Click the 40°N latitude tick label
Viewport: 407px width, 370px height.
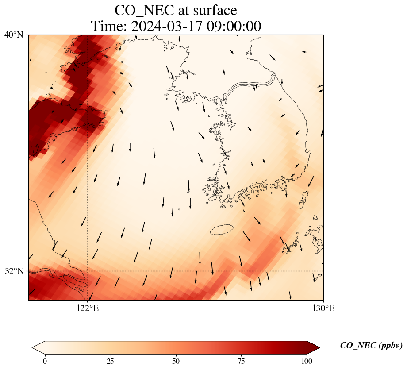(x=14, y=35)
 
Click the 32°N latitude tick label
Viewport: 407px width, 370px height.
(x=14, y=271)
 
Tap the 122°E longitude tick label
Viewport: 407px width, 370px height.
(x=88, y=308)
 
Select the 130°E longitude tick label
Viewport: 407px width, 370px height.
(x=323, y=308)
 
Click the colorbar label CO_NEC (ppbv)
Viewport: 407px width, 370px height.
(x=371, y=346)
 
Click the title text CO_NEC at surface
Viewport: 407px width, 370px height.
(x=176, y=10)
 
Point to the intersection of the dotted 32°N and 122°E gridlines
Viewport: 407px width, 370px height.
(x=88, y=271)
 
